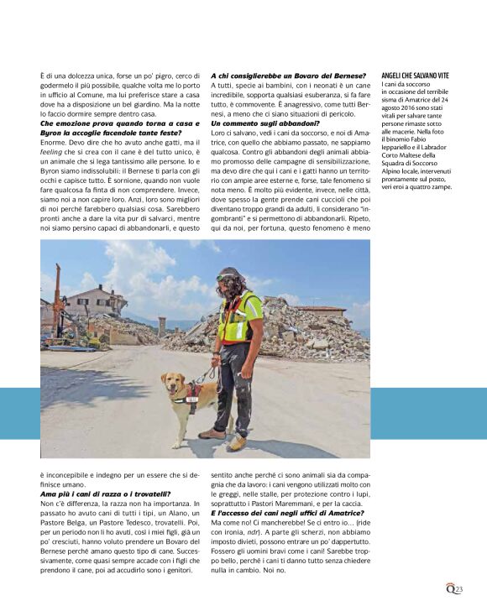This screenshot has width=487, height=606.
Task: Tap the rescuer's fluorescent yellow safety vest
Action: click(237, 317)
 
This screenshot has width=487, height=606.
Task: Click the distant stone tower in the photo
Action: click(161, 324)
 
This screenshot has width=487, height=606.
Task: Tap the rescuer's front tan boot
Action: click(237, 441)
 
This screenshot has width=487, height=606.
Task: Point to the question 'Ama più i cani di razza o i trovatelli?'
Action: click(105, 494)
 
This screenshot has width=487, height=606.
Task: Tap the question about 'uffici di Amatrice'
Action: click(287, 512)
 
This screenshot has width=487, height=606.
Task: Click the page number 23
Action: click(458, 590)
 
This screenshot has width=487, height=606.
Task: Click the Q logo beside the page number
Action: click(450, 589)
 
